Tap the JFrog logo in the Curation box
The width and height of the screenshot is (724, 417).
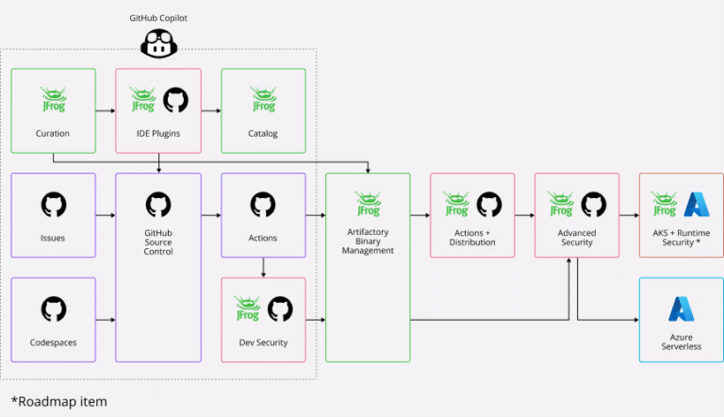pyautogui.click(x=53, y=99)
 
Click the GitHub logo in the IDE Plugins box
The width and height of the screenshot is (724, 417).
pyautogui.click(x=175, y=100)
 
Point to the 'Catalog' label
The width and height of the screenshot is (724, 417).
pyautogui.click(x=263, y=134)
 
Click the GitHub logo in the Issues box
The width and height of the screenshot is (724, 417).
pyautogui.click(x=53, y=205)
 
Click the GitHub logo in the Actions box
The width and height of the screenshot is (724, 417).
pyautogui.click(x=263, y=205)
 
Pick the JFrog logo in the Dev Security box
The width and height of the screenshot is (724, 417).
pyautogui.click(x=248, y=309)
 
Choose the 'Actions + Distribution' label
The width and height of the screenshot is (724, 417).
pyautogui.click(x=472, y=238)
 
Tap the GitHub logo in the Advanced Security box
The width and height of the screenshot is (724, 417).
pyautogui.click(x=593, y=205)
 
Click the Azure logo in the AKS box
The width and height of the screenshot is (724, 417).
pyautogui.click(x=697, y=205)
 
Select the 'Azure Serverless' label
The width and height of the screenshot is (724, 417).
pyautogui.click(x=681, y=342)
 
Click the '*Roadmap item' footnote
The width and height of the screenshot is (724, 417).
pyautogui.click(x=58, y=401)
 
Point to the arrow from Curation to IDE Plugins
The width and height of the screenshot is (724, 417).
pyautogui.click(x=106, y=111)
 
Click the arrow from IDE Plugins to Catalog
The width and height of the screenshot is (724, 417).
pyautogui.click(x=210, y=111)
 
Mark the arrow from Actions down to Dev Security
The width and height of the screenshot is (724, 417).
pyautogui.click(x=263, y=268)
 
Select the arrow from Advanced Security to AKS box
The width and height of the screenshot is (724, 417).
pyautogui.click(x=629, y=216)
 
